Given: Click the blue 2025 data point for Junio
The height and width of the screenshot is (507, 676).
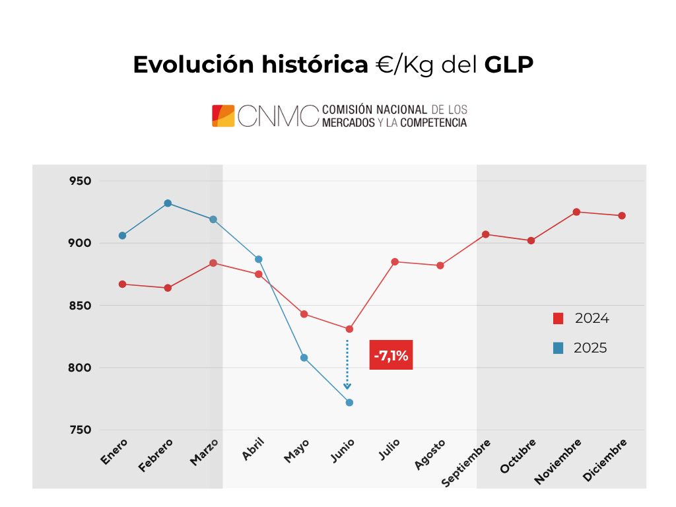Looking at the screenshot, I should [x=349, y=403].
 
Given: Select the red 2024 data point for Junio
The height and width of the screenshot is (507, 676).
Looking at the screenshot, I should [x=349, y=329].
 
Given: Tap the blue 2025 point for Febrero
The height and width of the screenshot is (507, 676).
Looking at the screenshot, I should [x=168, y=203].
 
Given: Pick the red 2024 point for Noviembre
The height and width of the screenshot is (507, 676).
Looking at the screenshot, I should [x=576, y=212].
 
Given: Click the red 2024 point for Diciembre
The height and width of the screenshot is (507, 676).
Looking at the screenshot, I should [x=622, y=216].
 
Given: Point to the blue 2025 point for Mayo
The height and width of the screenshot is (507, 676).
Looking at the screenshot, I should [x=304, y=358].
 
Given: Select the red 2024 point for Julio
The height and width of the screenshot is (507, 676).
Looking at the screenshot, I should [x=395, y=262].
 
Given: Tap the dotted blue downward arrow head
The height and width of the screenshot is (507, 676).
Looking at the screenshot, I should [x=347, y=386].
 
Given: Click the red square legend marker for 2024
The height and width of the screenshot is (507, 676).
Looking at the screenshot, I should [x=558, y=319].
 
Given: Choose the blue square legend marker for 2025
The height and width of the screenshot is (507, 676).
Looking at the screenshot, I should [x=558, y=348].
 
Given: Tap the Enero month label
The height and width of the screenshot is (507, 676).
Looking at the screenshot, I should [x=115, y=451].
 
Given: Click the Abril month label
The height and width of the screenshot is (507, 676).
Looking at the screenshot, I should [x=253, y=449].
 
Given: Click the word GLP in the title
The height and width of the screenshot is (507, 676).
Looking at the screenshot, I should [x=509, y=65].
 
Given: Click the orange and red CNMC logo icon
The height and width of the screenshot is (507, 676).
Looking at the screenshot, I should [x=223, y=116].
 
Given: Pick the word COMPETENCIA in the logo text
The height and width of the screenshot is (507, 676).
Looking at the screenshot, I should [x=434, y=123].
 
